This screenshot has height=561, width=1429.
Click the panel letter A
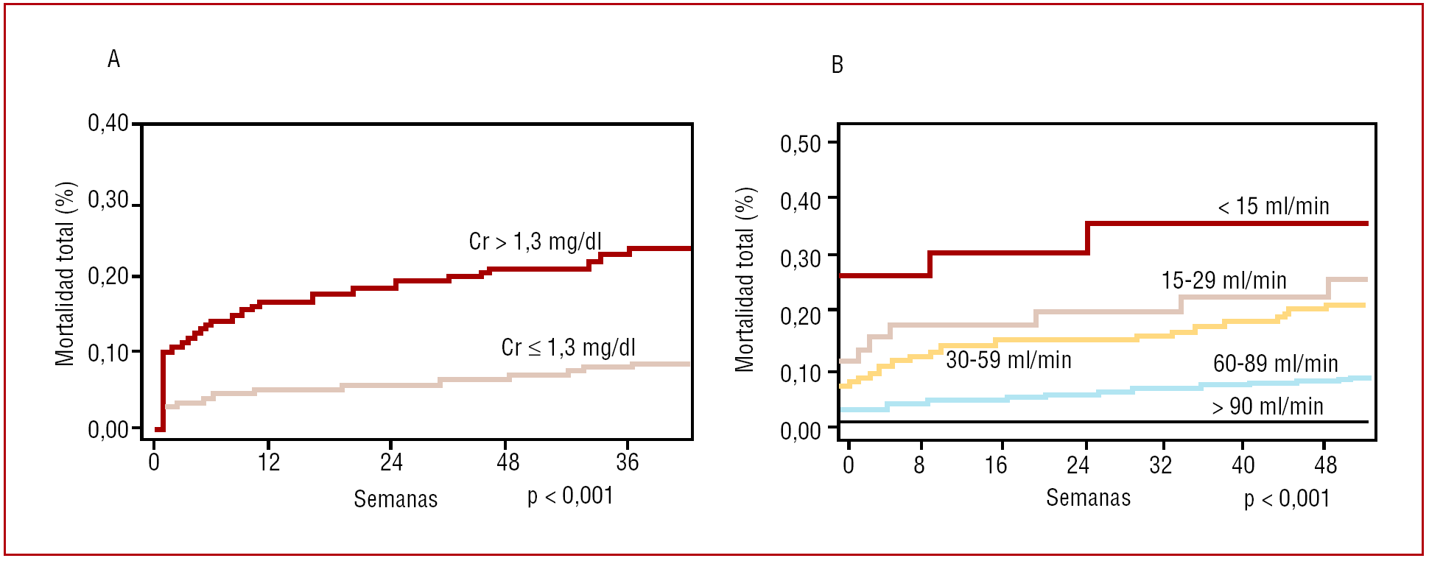pos(113,59)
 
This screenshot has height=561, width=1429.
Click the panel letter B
pos(837,65)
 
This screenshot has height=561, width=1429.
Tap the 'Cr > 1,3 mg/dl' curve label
pos(535,241)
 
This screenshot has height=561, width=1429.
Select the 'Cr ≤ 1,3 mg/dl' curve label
pos(568,347)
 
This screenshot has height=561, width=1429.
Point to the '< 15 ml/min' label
pos(1274,206)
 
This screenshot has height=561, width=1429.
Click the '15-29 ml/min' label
pos(1223,280)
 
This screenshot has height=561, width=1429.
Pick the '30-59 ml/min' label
pos(1008,359)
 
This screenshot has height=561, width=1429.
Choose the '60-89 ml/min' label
pos(1275,363)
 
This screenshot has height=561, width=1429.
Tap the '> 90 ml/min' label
pos(1268,406)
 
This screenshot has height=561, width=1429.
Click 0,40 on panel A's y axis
pos(108,123)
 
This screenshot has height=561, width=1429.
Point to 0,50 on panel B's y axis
pos(800,144)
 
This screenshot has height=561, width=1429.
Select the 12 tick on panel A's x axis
pos(269,462)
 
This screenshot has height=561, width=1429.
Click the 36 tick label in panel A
pos(627,462)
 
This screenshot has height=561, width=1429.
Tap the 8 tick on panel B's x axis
pos(919,465)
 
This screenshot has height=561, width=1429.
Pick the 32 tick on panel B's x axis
pos(1160,465)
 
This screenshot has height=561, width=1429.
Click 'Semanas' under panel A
pos(396,499)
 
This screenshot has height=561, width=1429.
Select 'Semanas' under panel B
pos(1088,498)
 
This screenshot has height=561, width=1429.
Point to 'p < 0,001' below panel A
pos(570,496)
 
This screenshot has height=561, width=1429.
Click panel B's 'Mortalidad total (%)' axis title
pos(745,279)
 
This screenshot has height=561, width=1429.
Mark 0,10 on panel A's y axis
pos(108,353)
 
